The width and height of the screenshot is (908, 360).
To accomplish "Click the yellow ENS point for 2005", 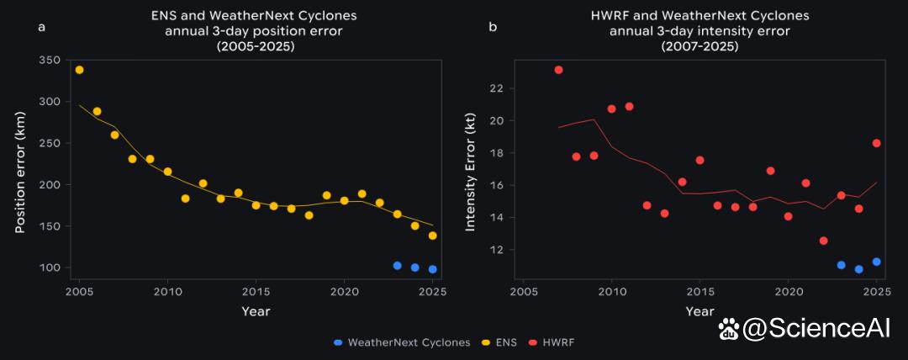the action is point(79,70).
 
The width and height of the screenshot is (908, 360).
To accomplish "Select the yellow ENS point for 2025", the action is point(433,236).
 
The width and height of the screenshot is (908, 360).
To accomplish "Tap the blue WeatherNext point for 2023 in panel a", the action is point(397,266).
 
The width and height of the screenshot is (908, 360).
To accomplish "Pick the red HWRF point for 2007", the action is point(558,70).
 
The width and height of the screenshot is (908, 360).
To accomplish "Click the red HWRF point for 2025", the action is point(876,143).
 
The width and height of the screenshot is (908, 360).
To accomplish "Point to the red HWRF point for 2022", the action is point(823,241).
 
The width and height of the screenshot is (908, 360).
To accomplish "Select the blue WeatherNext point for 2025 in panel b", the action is point(876,262).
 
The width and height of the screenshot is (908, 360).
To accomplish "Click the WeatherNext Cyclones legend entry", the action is point(403,342).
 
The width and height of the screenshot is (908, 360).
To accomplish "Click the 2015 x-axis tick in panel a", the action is point(256,292).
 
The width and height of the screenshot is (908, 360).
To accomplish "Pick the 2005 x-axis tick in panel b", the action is point(523,292).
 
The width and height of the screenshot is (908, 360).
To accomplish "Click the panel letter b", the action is point(493,27).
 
